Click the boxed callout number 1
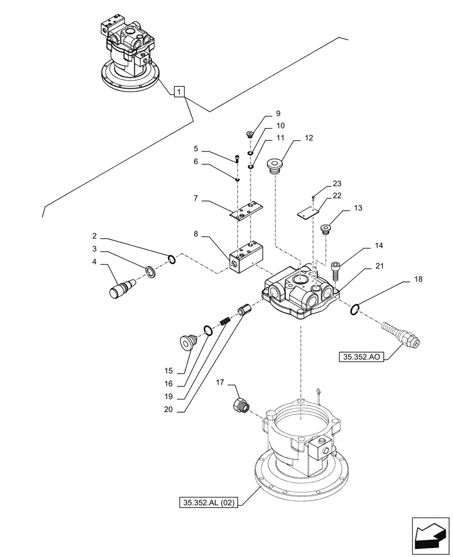click(x=179, y=91)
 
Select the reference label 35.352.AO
click(x=362, y=356)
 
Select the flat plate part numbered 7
click(x=246, y=211)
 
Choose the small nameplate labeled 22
click(x=307, y=210)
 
